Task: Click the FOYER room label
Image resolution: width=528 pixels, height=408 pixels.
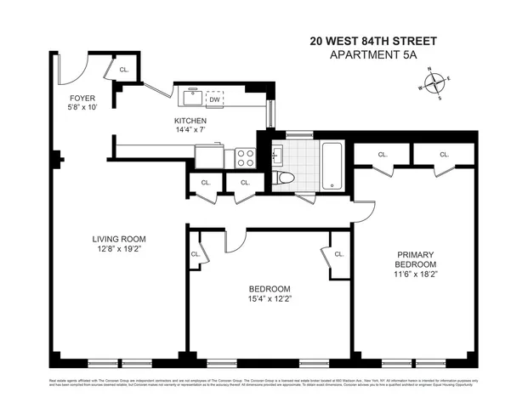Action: pos(82,99)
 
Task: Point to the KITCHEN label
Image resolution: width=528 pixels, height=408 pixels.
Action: pos(190,121)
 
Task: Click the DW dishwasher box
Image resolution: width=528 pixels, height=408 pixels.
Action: pos(214,98)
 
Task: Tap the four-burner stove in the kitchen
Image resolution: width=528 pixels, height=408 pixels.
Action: pos(246,156)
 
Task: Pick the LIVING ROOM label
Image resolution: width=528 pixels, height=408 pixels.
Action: pos(122,239)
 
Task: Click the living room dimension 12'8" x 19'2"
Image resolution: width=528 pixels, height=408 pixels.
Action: pos(122,250)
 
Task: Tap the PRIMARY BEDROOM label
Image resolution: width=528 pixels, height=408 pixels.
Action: pos(415,258)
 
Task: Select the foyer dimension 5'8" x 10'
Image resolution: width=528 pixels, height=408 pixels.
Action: pos(82,109)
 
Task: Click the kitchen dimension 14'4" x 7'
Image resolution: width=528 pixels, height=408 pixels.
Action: pos(190,131)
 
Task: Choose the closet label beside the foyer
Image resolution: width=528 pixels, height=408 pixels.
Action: pos(124,70)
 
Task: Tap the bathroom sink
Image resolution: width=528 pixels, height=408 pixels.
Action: pos(276,156)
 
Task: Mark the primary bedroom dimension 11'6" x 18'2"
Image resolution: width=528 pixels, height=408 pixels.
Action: pos(415,274)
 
